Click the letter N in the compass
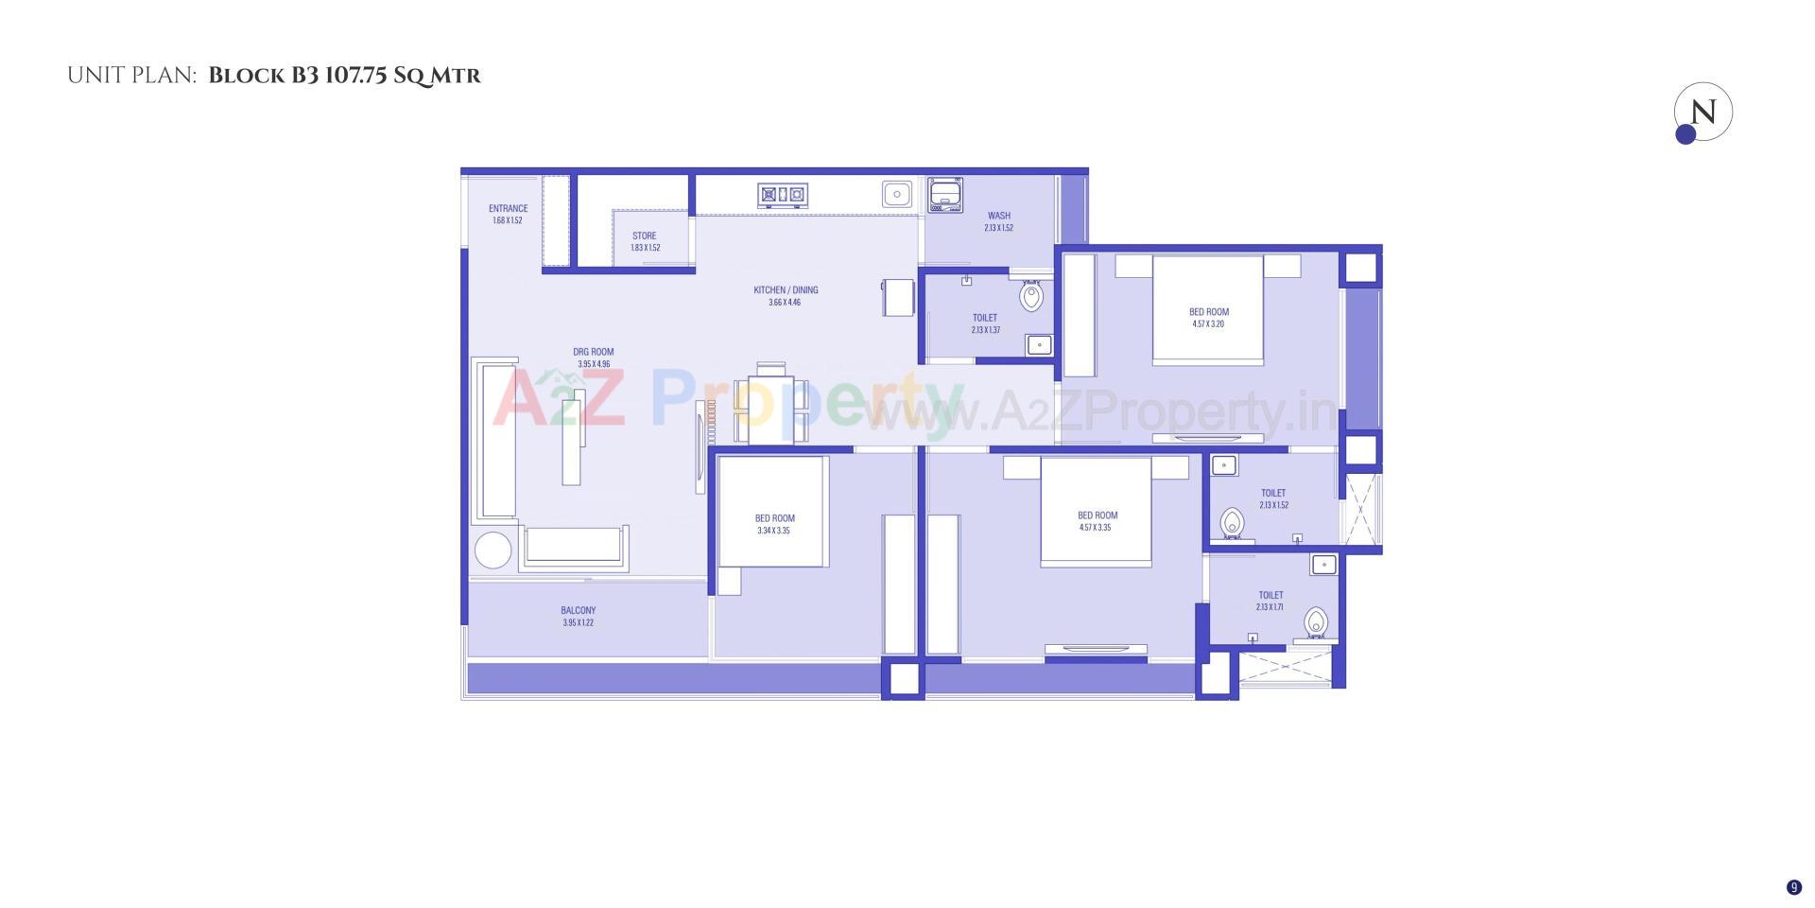point(1703,112)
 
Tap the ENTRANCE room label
point(508,209)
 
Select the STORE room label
point(645,236)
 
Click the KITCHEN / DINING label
point(786,290)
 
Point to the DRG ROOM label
point(594,352)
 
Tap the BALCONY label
point(579,611)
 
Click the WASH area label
point(999,216)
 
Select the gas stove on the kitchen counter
point(783,196)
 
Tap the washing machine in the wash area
point(945,195)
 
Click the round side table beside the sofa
point(493,550)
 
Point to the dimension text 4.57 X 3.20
point(1208,324)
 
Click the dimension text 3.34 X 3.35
point(773,531)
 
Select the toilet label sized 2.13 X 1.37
point(985,319)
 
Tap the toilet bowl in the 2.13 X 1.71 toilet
point(1315,623)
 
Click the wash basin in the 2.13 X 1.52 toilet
point(1224,465)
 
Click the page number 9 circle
point(1794,887)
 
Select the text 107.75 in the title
point(355,76)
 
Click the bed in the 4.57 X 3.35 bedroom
point(1097,512)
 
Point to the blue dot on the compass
point(1685,134)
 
